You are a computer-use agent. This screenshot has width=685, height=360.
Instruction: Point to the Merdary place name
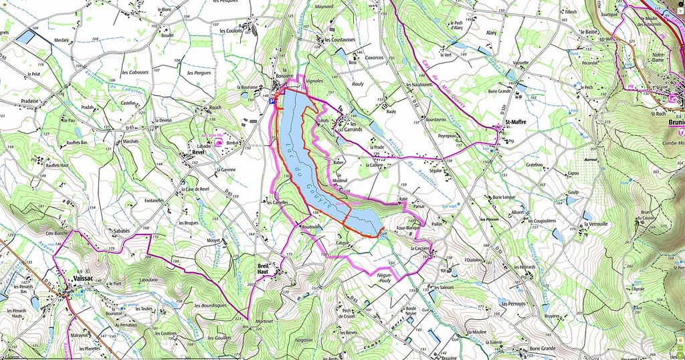pyautogui.click(x=62, y=39)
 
